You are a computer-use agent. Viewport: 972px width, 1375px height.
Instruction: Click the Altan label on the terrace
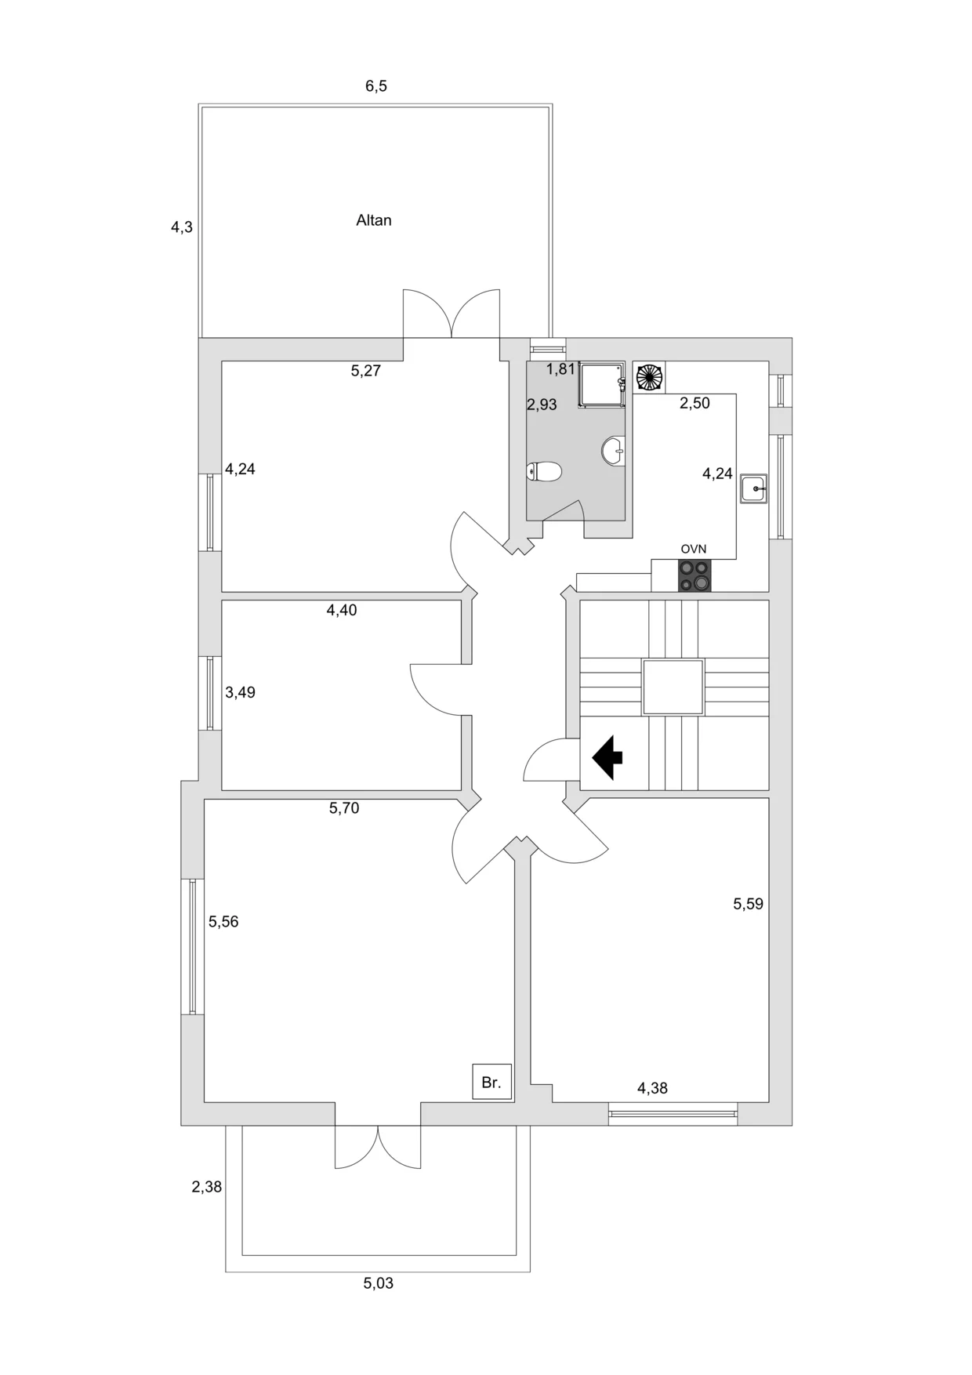373,220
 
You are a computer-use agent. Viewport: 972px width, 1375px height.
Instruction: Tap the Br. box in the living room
491,1083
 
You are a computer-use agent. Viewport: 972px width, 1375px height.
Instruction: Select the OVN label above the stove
694,550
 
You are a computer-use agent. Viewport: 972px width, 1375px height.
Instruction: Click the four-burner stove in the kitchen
695,576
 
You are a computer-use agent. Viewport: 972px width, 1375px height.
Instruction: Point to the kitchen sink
754,489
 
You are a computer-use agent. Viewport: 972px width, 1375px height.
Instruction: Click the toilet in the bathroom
546,471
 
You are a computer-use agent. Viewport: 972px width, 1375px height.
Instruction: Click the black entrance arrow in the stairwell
607,758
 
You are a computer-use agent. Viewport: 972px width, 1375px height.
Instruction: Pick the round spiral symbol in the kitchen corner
649,377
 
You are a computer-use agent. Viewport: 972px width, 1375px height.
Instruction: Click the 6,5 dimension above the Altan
376,86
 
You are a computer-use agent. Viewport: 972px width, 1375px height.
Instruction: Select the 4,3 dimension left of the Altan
182,227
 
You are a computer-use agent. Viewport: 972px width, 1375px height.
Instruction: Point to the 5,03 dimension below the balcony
379,1283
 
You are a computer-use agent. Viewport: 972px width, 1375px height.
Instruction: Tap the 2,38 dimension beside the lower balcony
207,1187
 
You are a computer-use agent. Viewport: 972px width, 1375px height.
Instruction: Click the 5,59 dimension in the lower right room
748,904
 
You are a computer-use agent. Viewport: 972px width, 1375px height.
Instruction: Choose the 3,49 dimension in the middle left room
240,692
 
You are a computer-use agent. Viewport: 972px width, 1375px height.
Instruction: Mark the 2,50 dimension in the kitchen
695,403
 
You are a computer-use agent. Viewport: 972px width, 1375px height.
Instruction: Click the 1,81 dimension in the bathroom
561,369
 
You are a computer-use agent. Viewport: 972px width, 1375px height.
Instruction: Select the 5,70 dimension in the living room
344,808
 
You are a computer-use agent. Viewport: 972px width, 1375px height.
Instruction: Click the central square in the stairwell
673,687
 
